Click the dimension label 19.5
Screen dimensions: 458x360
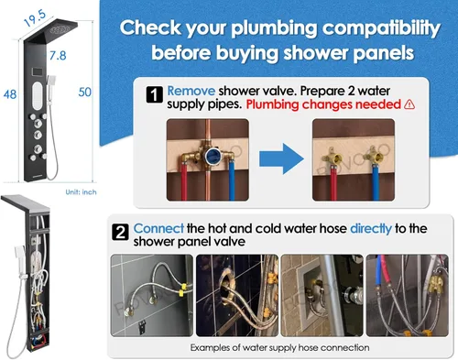tap(35, 18)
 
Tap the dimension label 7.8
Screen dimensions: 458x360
tap(58, 56)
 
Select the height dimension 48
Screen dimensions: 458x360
tap(10, 94)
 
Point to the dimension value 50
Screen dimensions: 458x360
tap(84, 93)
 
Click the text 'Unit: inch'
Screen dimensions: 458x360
tap(81, 192)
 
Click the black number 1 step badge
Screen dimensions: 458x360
tap(155, 95)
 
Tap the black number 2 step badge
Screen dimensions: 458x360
tap(120, 233)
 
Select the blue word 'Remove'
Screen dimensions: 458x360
tap(191, 91)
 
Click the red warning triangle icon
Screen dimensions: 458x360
tap(409, 104)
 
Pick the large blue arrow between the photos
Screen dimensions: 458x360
tap(281, 158)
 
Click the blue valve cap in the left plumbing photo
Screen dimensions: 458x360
tap(212, 156)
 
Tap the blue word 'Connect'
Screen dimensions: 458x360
tap(158, 228)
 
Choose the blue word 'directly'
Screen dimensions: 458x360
tap(371, 229)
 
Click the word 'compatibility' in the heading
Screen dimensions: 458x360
tap(381, 28)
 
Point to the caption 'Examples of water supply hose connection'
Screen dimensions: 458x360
tap(279, 347)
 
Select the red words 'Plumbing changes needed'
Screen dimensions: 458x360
tap(323, 104)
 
